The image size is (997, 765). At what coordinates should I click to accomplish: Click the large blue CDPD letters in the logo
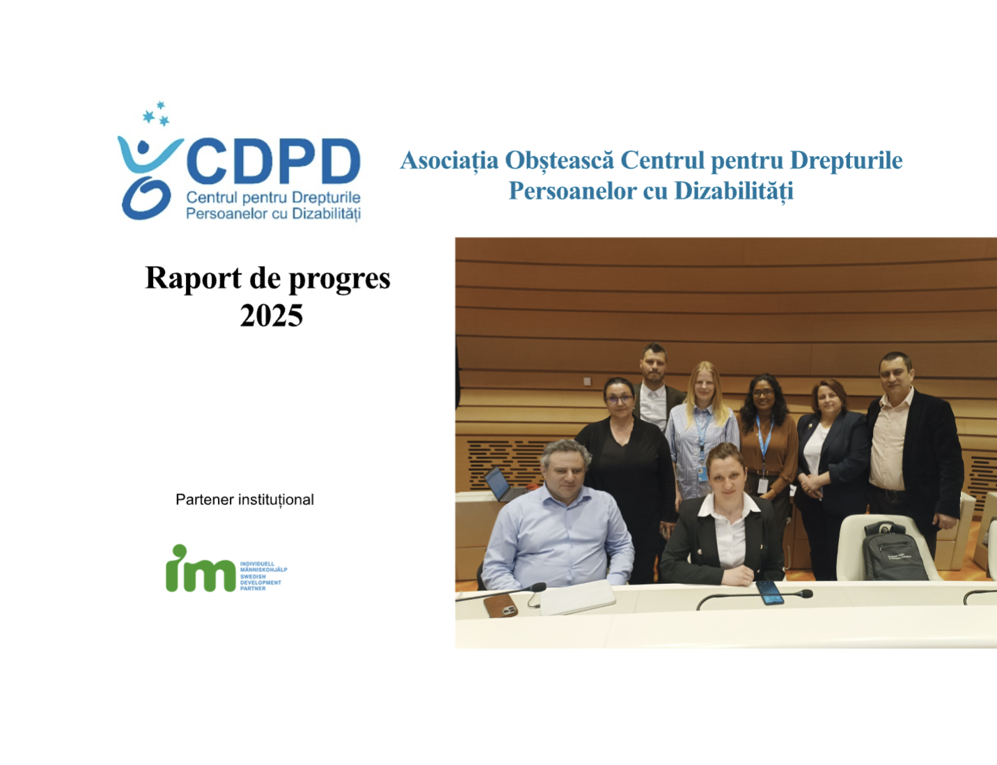tap(274, 161)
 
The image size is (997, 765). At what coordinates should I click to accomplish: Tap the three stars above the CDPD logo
tap(156, 114)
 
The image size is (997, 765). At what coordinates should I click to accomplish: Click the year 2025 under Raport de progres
tap(271, 316)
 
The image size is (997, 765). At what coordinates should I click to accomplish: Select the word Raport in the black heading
tap(193, 279)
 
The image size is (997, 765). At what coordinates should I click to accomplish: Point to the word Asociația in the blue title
tap(449, 160)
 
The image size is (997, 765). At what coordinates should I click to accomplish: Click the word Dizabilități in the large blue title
tap(734, 191)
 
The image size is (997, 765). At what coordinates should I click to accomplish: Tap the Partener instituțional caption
tap(244, 500)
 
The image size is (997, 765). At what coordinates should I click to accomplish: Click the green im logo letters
tap(200, 569)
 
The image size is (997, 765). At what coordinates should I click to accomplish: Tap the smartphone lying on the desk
tap(770, 592)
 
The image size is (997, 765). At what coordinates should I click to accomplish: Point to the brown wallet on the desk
tap(500, 605)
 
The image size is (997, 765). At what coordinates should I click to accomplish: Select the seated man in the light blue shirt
tap(558, 516)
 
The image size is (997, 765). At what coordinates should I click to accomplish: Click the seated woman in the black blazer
tap(725, 516)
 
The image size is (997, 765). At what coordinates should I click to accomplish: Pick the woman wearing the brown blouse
tap(767, 440)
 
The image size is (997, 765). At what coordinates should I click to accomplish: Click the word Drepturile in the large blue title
tap(846, 160)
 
